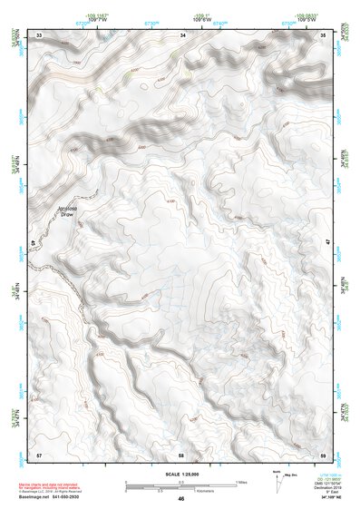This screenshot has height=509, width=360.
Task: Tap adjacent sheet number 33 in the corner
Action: click(39, 34)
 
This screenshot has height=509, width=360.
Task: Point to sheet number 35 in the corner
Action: click(325, 34)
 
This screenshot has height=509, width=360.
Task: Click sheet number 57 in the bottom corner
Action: click(39, 454)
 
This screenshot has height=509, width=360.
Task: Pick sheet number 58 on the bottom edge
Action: click(181, 454)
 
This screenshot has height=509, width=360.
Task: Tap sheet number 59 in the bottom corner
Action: click(324, 454)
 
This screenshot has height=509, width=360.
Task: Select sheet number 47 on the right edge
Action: click(327, 243)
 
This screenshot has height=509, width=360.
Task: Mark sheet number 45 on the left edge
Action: click(35, 243)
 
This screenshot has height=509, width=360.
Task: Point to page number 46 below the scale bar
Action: click(181, 499)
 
